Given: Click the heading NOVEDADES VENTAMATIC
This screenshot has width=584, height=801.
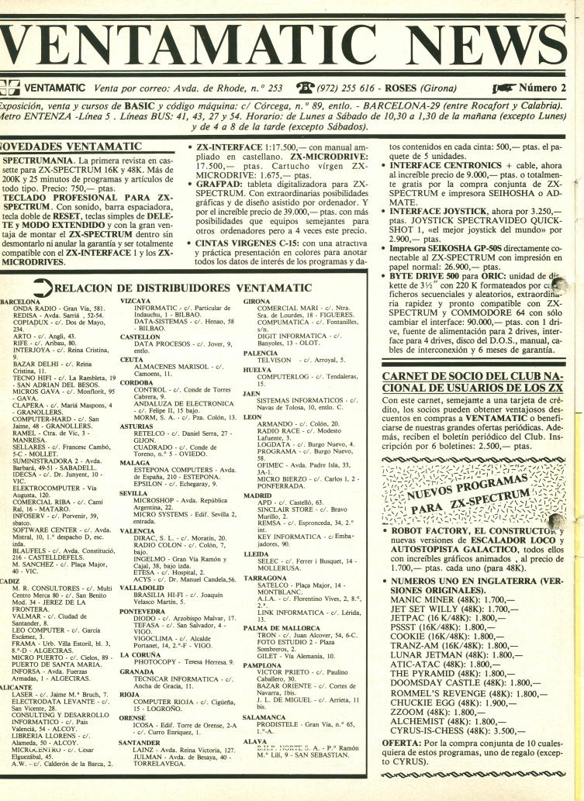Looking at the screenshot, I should [71, 145].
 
